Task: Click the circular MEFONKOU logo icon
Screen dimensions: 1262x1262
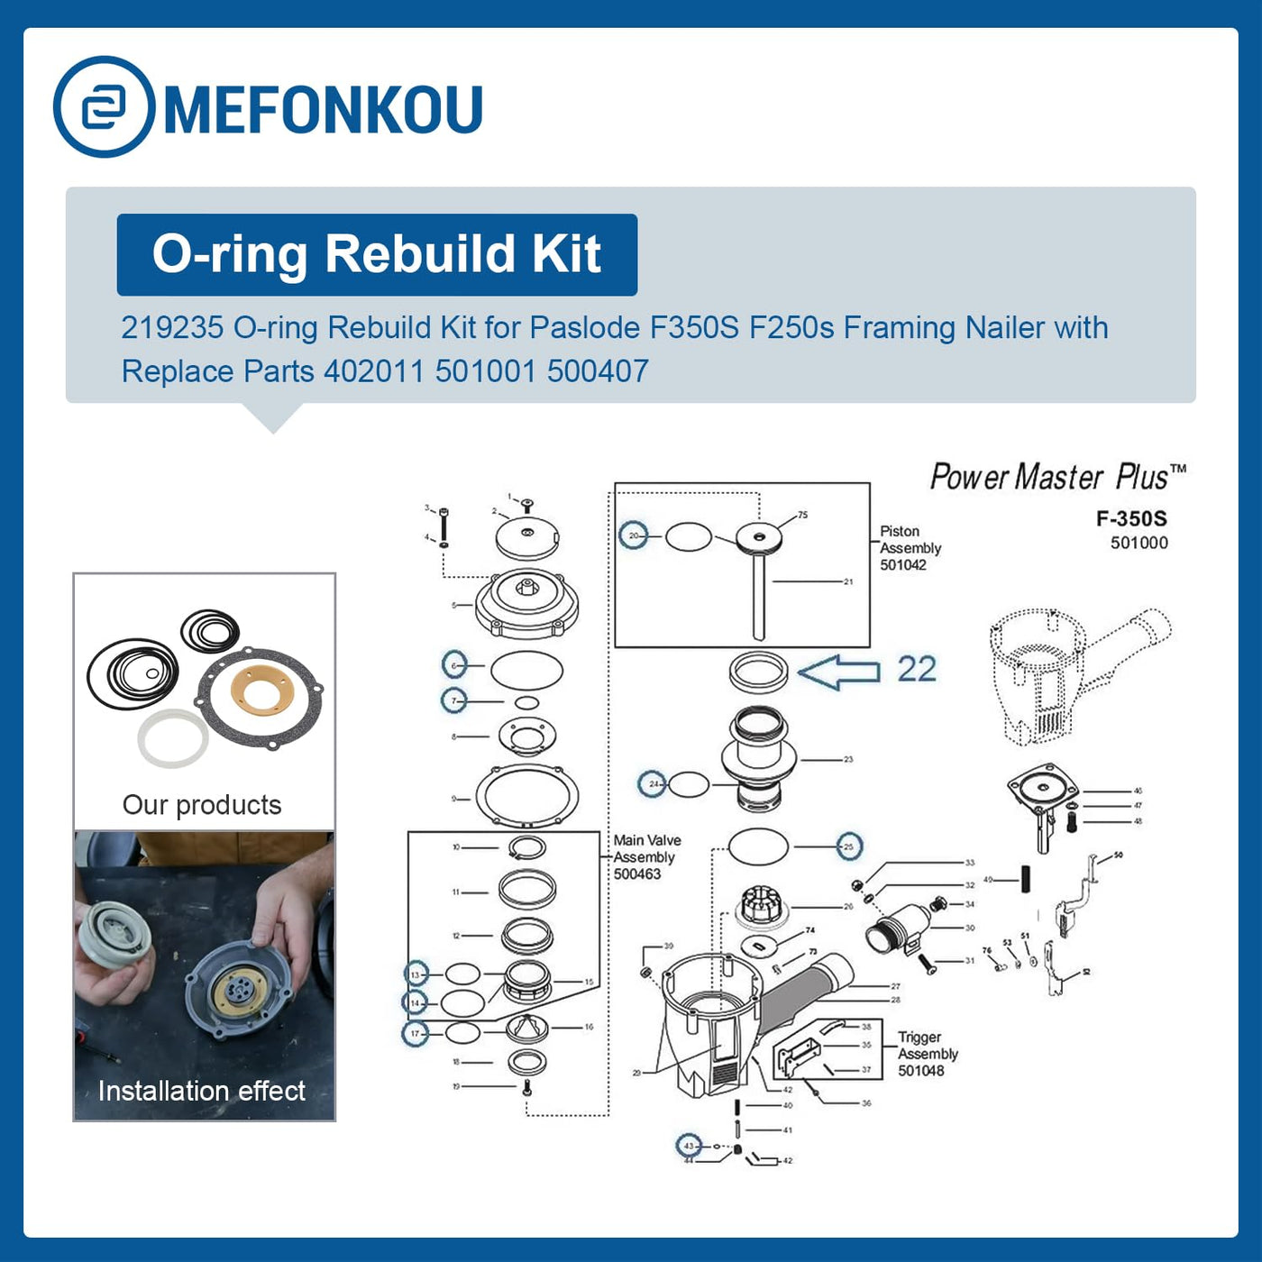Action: pyautogui.click(x=105, y=107)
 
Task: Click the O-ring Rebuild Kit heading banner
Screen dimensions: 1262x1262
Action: pyautogui.click(x=377, y=254)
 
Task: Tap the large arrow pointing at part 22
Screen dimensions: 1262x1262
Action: pyautogui.click(x=838, y=672)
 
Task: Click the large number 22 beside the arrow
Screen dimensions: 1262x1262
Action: pyautogui.click(x=917, y=670)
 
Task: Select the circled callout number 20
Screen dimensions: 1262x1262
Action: pyautogui.click(x=634, y=535)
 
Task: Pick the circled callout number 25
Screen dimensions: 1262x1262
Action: pyautogui.click(x=848, y=846)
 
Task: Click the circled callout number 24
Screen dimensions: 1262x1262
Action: pyautogui.click(x=652, y=783)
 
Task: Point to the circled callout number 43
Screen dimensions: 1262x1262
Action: pyautogui.click(x=690, y=1146)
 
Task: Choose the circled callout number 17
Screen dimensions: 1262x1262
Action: pyautogui.click(x=415, y=1033)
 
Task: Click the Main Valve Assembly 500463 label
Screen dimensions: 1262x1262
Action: pyautogui.click(x=647, y=856)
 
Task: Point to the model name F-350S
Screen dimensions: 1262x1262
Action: pyautogui.click(x=1131, y=518)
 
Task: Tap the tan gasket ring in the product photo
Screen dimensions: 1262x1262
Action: pyautogui.click(x=262, y=691)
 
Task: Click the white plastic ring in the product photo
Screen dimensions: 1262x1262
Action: pyautogui.click(x=173, y=738)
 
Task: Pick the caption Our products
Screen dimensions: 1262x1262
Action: pyautogui.click(x=202, y=805)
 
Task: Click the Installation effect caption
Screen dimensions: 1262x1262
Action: pyautogui.click(x=202, y=1091)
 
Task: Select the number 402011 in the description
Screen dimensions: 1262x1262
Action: pyautogui.click(x=373, y=371)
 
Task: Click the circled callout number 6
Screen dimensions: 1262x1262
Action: pyautogui.click(x=454, y=665)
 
